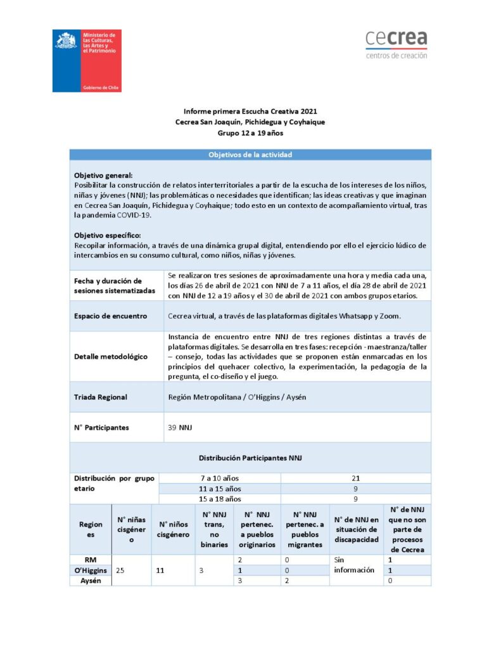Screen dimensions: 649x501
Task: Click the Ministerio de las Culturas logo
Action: click(87, 60)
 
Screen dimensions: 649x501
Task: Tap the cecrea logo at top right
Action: click(396, 44)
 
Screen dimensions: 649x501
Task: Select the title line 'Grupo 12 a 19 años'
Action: click(250, 133)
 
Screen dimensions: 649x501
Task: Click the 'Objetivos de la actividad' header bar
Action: click(250, 155)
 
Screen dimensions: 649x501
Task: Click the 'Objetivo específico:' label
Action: click(107, 236)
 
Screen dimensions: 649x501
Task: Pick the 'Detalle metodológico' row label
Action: click(111, 356)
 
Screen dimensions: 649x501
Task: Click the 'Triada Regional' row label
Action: click(101, 397)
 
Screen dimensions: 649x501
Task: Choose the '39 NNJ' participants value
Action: click(180, 428)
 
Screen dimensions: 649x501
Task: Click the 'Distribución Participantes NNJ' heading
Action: click(250, 457)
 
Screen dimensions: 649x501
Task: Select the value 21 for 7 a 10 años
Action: click(355, 478)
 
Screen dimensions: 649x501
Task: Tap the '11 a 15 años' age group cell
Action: click(219, 489)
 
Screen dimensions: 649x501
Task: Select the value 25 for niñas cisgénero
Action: click(120, 570)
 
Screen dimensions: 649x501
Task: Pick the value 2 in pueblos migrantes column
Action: click(287, 581)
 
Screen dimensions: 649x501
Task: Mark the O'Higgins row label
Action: click(91, 570)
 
